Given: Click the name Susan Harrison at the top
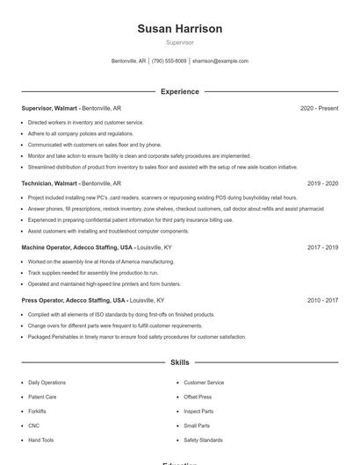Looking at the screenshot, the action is (x=179, y=29).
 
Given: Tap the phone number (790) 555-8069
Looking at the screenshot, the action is (x=169, y=61).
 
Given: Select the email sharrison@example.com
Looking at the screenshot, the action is (x=220, y=61).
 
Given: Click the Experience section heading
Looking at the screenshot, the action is (x=179, y=91).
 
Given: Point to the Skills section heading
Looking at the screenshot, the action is (x=179, y=361).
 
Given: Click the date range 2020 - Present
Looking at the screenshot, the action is (x=319, y=108).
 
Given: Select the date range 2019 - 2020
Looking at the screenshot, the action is (x=322, y=183).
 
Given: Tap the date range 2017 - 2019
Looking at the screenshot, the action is (x=322, y=247).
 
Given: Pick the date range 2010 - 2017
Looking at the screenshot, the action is (x=322, y=300).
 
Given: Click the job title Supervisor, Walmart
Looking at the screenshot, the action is (x=50, y=108).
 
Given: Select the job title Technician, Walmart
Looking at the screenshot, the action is (x=50, y=183).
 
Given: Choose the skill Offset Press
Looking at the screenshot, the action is (x=198, y=397).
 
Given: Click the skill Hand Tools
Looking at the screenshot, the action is (x=40, y=440).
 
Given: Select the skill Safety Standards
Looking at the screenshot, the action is (x=203, y=440).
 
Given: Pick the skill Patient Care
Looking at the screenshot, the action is (x=42, y=397).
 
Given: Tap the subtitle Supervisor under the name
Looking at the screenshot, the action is (x=179, y=42).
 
